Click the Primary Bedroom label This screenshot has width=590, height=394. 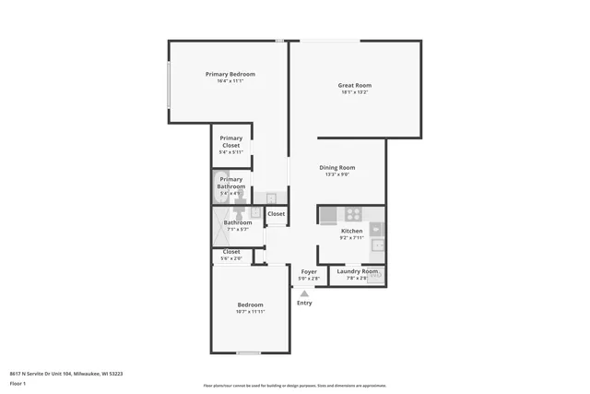[x=230, y=74]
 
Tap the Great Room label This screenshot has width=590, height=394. [x=354, y=85]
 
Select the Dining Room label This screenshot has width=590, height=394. [x=336, y=167]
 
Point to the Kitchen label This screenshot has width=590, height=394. [x=352, y=231]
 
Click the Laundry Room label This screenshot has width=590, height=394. [x=357, y=270]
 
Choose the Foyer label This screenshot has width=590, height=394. [x=309, y=271]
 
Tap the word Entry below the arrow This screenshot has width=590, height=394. [x=304, y=303]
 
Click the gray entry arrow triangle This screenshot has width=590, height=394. [x=304, y=293]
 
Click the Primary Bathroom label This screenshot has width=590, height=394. [x=231, y=183]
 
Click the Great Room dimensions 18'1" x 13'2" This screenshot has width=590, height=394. [x=354, y=92]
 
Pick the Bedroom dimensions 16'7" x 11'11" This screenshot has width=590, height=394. [x=250, y=312]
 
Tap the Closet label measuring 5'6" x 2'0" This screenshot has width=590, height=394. [x=230, y=251]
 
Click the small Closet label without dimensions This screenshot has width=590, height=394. [x=277, y=214]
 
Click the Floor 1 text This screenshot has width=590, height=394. [x=18, y=383]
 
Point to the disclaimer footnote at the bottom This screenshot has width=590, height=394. [x=294, y=386]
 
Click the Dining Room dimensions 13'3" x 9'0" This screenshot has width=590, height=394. [x=336, y=174]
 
